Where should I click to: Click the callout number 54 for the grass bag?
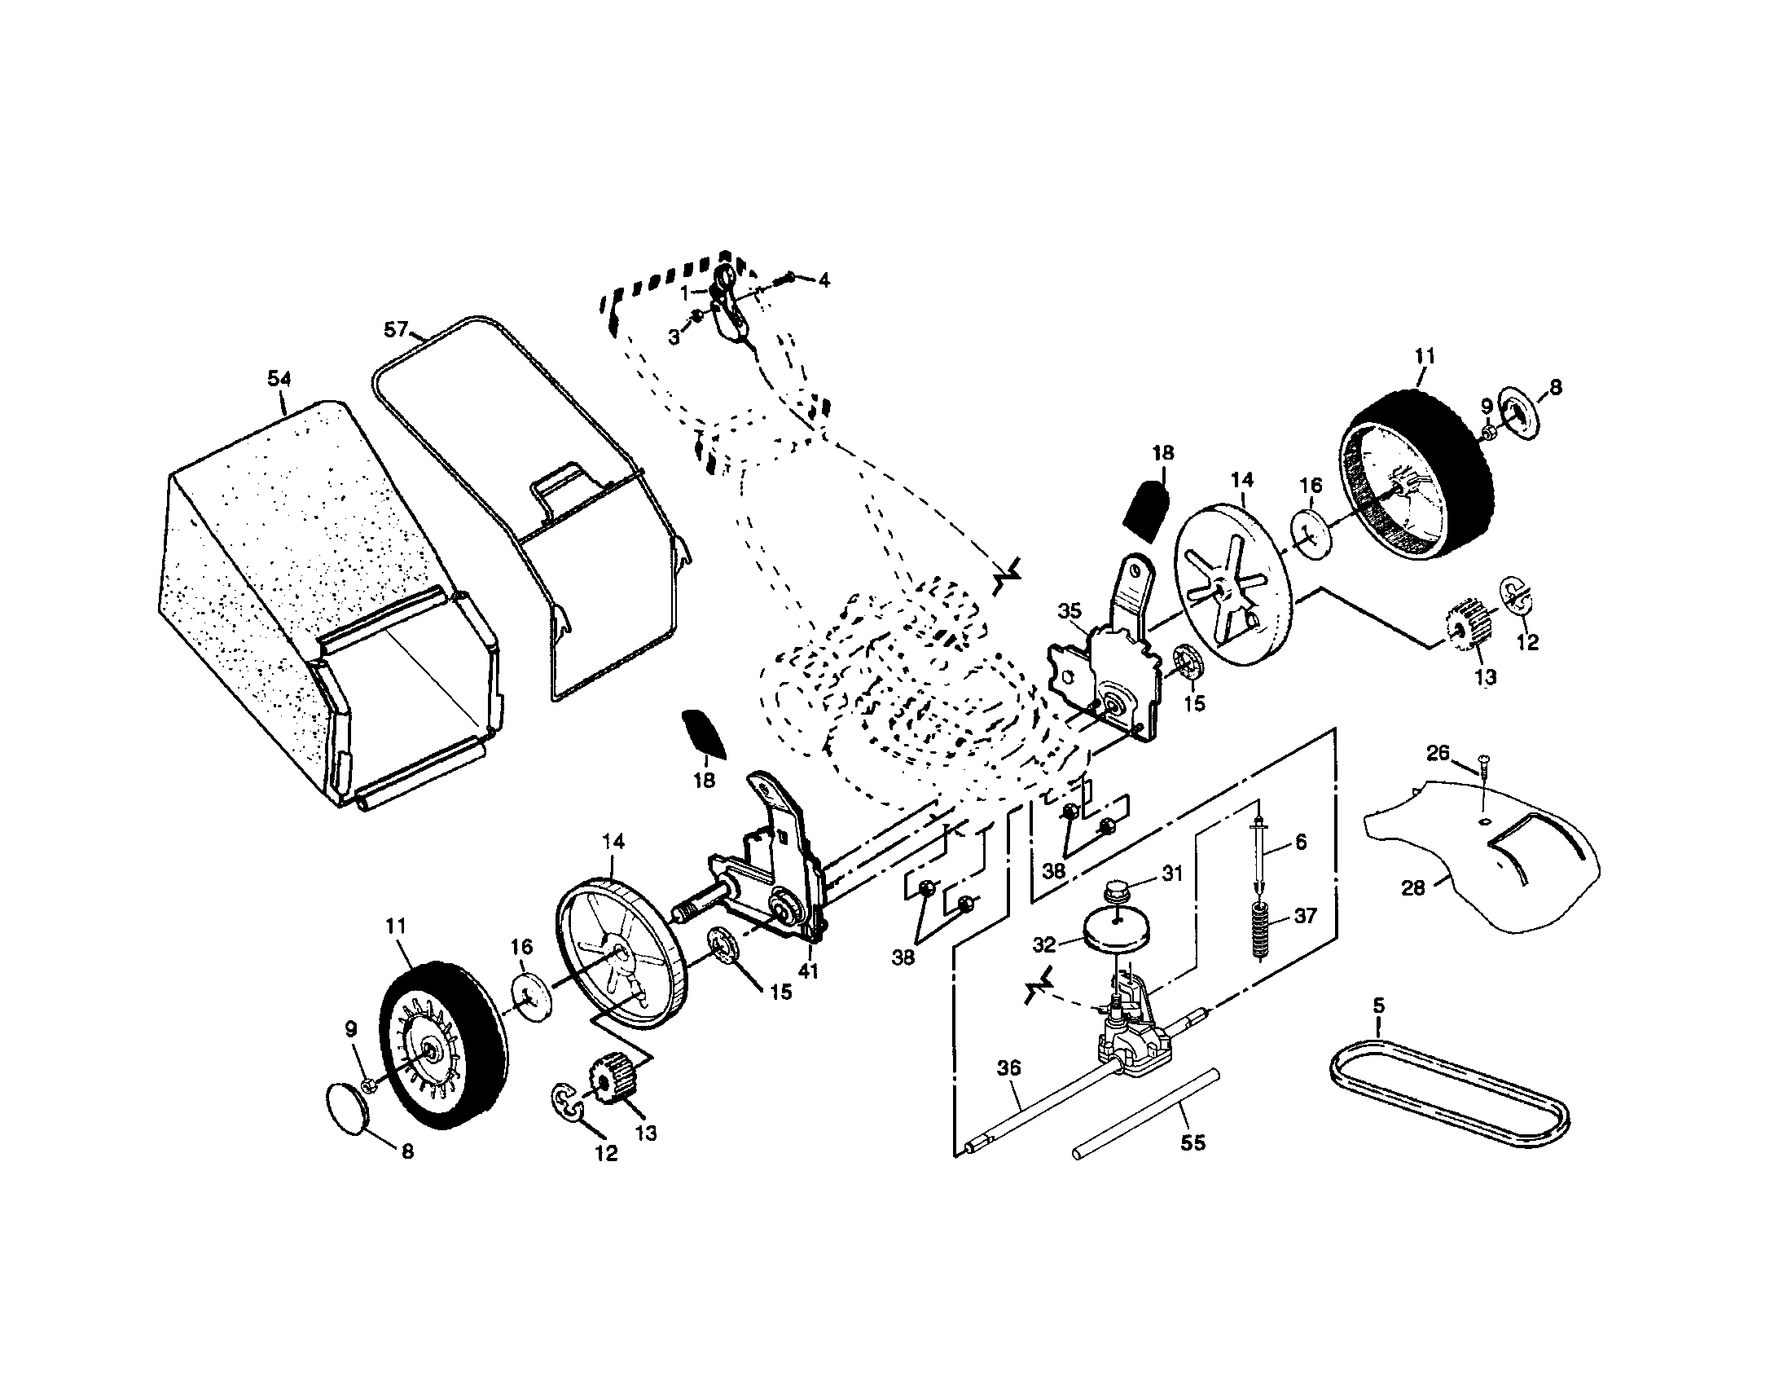[x=279, y=378]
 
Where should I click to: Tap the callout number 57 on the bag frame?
[x=396, y=330]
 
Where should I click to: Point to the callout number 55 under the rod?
[x=1192, y=1142]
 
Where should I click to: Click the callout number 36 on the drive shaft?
[x=1008, y=1067]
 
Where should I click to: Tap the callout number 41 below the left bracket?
[x=809, y=971]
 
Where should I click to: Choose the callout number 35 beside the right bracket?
[x=1069, y=610]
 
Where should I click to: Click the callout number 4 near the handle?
[x=823, y=280]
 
